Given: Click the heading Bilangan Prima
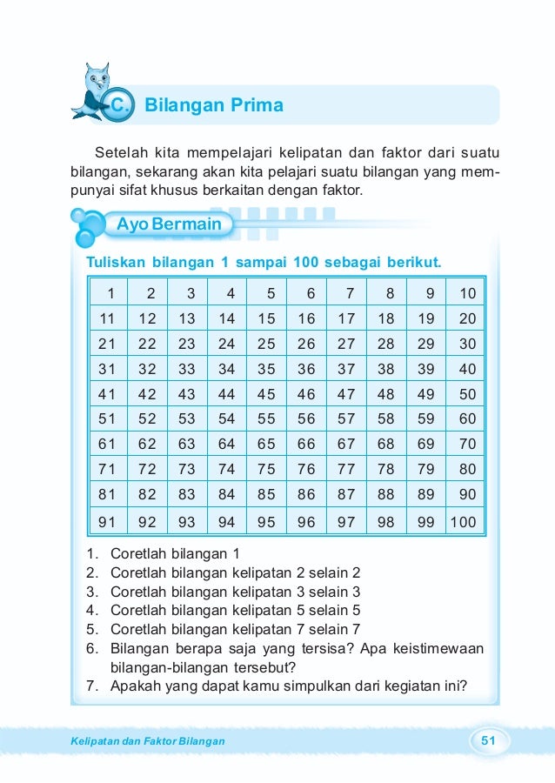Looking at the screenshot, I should tap(213, 106).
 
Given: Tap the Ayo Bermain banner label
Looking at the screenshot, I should tap(169, 225).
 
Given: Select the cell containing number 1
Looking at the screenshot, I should tap(110, 293).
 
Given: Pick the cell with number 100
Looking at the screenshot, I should tap(463, 524).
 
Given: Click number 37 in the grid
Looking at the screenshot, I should tap(346, 369).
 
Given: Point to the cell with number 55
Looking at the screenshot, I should tap(266, 418).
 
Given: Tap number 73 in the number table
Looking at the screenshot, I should tap(187, 469).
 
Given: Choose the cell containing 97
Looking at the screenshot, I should tap(346, 524).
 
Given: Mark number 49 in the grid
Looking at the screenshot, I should tap(425, 393).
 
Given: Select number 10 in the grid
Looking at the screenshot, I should tap(467, 293).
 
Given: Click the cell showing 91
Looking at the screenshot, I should tap(108, 524).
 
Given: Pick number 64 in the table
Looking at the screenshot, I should tap(227, 444).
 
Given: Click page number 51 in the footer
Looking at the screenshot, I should tap(488, 741).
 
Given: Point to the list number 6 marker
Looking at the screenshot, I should tap(91, 649).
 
